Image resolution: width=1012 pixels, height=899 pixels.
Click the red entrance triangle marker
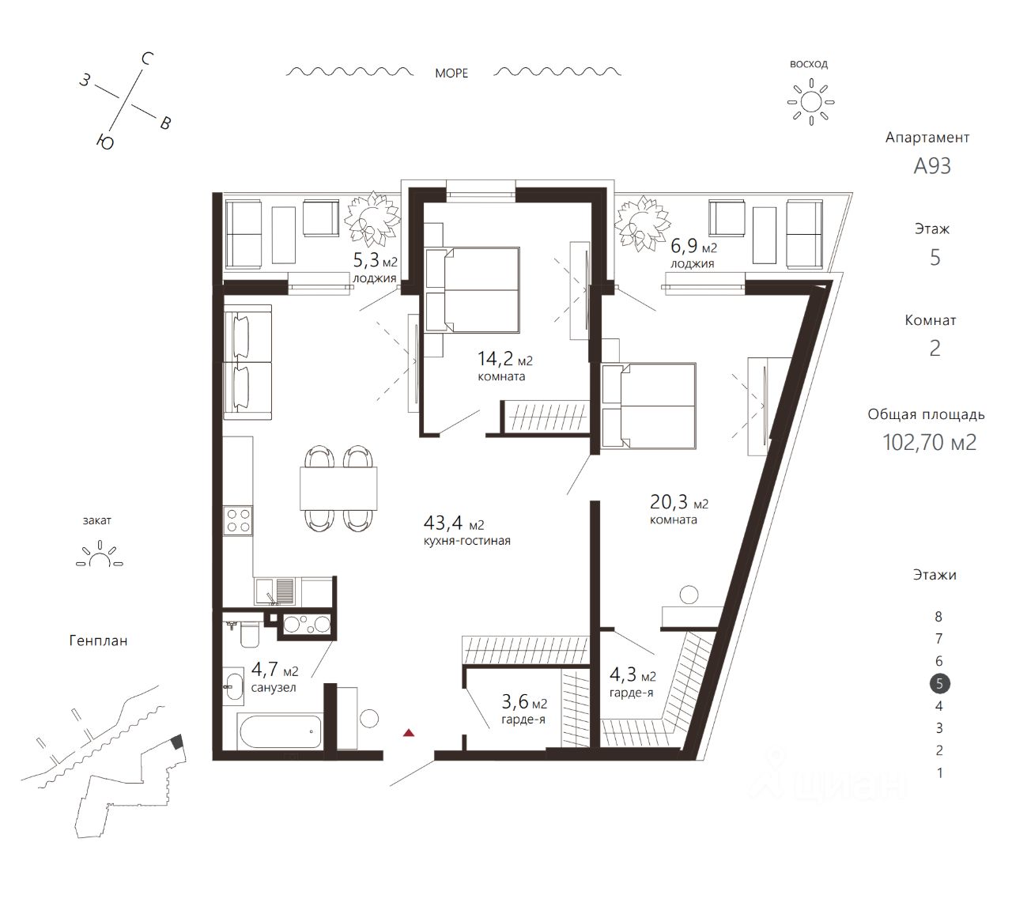point(409,733)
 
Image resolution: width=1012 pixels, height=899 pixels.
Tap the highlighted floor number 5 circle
point(939,683)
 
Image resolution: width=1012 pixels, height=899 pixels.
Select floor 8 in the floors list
point(938,617)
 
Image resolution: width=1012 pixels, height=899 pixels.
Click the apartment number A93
point(932,166)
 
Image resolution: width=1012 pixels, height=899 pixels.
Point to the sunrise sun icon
point(810,102)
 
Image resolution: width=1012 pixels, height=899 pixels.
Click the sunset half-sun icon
point(100,553)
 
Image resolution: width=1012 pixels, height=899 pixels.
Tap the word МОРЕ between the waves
point(451,74)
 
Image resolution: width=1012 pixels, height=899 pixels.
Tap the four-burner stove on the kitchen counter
point(238,521)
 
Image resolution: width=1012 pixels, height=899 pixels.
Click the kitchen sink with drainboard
point(275,591)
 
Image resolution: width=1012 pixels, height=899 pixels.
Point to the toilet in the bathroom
point(248,634)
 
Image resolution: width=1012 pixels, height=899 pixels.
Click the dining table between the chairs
point(338,488)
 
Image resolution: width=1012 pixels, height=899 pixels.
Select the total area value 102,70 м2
point(929,442)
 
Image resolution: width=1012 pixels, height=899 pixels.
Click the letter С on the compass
point(146,59)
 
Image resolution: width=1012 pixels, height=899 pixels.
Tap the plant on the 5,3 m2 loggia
point(372,219)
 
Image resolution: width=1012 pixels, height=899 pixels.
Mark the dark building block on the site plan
point(176,742)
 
